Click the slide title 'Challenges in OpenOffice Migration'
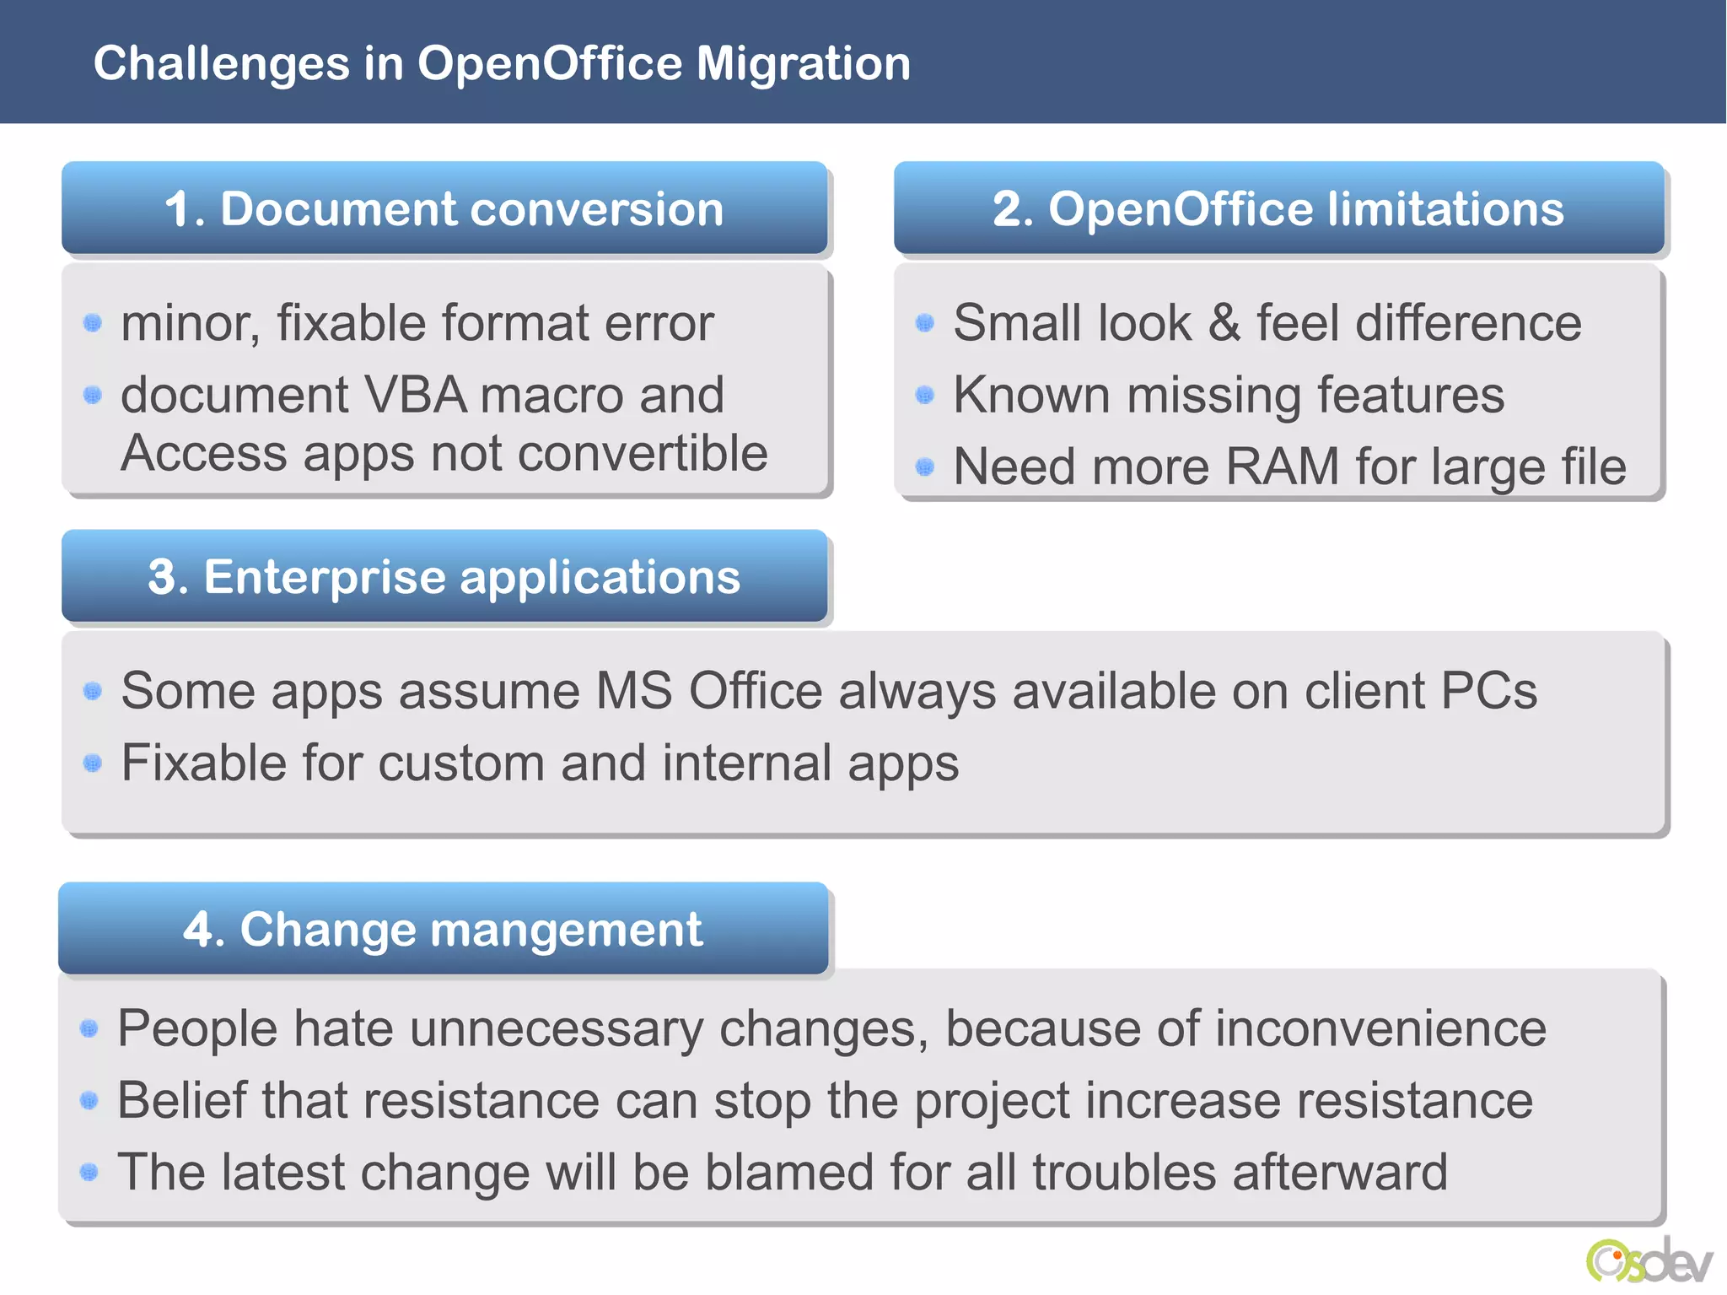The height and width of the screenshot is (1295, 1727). [x=502, y=63]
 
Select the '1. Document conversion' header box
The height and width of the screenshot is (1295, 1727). [x=444, y=208]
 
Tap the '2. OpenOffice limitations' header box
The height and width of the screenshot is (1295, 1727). [x=1278, y=208]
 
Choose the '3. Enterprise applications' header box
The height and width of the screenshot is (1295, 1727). [x=444, y=577]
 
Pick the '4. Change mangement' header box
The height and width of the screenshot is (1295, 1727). [x=443, y=929]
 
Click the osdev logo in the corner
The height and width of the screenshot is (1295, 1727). [x=1649, y=1261]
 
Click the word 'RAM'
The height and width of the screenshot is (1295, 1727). [x=1282, y=467]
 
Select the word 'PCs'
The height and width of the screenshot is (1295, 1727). [x=1488, y=692]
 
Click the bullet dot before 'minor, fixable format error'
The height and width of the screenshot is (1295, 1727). [x=93, y=323]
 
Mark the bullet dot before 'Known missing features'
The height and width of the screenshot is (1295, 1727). [x=925, y=395]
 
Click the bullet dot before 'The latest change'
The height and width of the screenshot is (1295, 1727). [x=89, y=1173]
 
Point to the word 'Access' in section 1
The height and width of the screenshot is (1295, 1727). [x=204, y=454]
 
